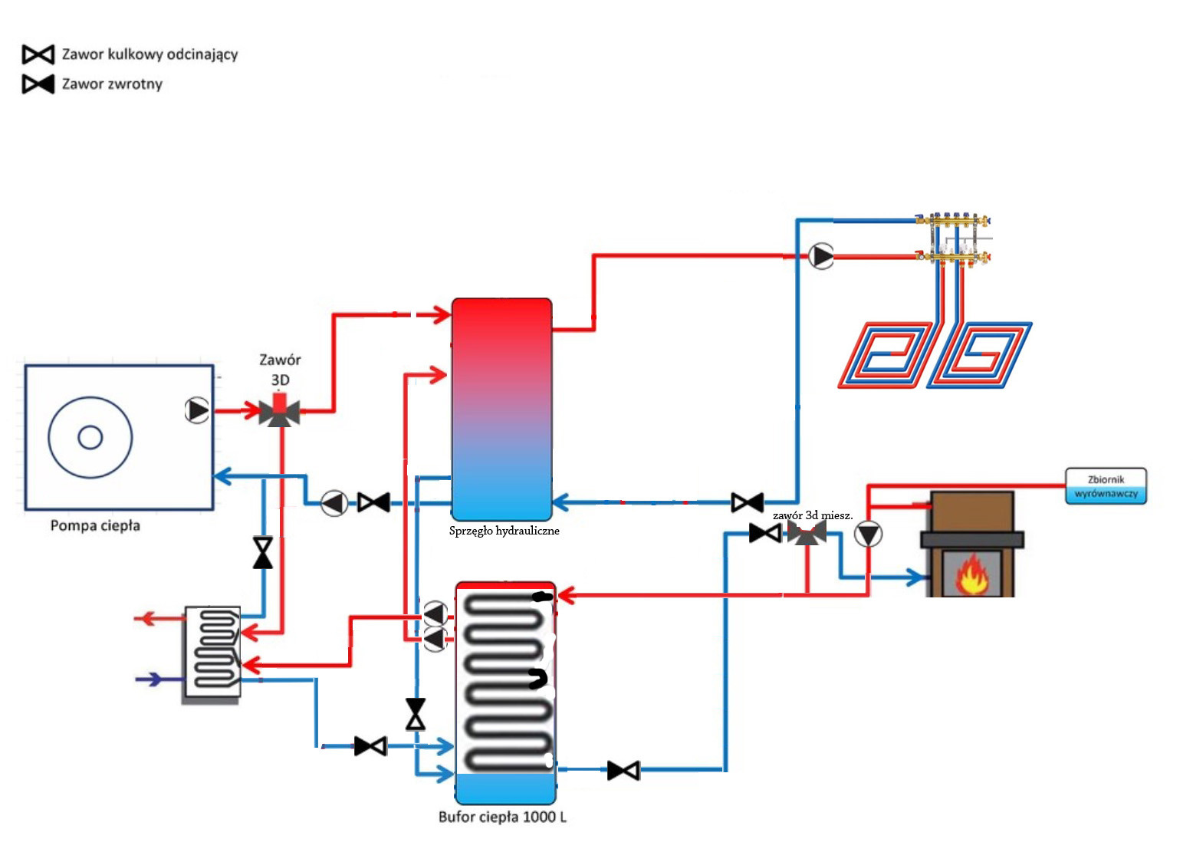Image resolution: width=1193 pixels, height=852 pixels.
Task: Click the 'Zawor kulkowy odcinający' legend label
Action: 150,54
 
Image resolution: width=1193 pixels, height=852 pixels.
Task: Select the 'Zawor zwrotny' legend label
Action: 112,84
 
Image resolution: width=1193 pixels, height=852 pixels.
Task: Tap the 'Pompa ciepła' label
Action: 95,526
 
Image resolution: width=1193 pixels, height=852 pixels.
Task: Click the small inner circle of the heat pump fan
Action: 90,437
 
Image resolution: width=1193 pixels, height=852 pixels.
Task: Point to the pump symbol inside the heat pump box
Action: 197,410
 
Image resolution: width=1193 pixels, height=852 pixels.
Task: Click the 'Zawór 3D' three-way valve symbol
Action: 279,412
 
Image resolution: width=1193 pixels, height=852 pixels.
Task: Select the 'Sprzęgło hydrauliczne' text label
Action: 504,531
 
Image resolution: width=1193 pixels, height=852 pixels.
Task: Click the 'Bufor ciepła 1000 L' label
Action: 502,817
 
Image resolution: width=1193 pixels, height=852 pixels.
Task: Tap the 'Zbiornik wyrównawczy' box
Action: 1106,486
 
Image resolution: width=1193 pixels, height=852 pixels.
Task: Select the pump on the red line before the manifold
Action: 821,256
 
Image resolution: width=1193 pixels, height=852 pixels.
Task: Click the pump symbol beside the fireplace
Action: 869,535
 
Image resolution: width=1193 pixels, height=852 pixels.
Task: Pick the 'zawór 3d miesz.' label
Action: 812,515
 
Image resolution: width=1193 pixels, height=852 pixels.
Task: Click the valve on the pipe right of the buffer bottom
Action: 623,770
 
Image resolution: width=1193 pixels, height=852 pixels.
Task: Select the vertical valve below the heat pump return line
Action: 263,552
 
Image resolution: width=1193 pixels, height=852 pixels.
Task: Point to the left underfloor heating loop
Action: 886,355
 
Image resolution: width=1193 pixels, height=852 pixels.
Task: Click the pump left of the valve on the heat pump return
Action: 334,503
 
